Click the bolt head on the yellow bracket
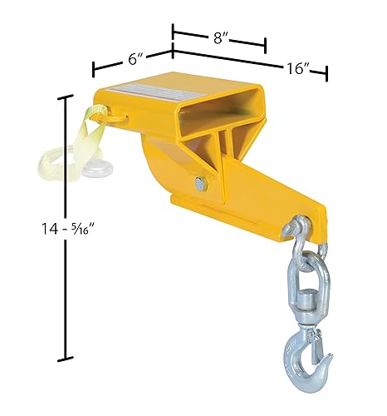201,183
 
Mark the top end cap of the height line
64,97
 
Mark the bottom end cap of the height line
64,359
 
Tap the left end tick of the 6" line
94,67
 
